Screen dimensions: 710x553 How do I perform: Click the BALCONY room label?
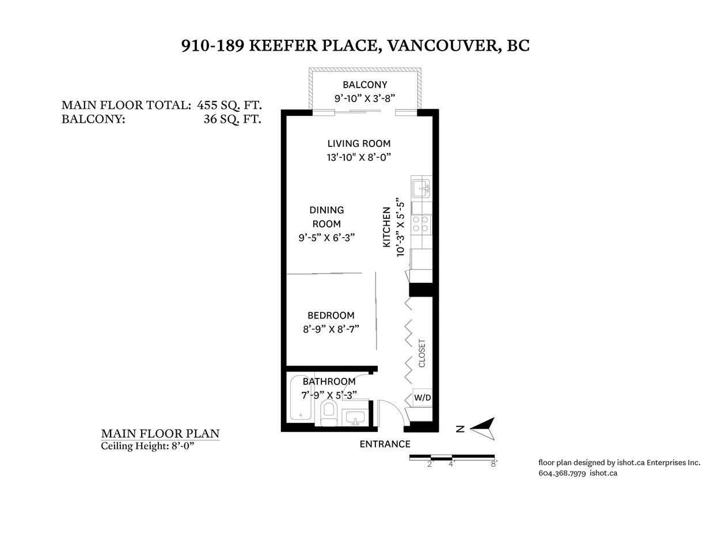[x=365, y=85]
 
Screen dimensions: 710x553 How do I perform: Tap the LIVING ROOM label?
[x=359, y=143]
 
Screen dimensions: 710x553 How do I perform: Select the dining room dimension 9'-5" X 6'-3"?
[x=326, y=237]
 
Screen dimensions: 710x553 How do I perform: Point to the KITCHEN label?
[x=386, y=227]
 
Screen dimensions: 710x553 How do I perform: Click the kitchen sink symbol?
[x=421, y=188]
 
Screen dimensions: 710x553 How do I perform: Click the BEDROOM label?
[x=331, y=316]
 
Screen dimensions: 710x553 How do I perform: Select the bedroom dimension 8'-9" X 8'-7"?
[x=331, y=329]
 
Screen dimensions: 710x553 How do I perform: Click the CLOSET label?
[x=422, y=353]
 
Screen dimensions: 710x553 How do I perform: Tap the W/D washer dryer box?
[x=423, y=397]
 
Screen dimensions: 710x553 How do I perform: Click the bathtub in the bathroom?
[x=301, y=397]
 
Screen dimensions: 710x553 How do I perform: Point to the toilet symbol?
[x=328, y=414]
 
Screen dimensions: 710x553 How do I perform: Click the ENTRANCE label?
[x=385, y=444]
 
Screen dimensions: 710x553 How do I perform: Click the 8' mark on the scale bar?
[x=494, y=464]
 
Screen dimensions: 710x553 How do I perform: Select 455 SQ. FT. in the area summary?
[x=229, y=105]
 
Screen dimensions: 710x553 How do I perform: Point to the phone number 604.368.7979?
[x=562, y=473]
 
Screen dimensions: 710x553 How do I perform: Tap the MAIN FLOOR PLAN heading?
[x=160, y=433]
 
